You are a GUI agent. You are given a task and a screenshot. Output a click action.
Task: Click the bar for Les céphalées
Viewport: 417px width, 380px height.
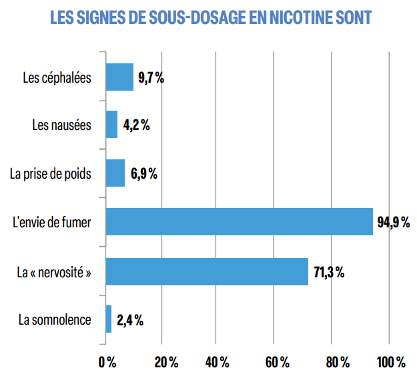pos(119,77)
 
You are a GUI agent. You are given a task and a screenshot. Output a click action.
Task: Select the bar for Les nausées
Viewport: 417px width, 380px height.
pos(111,125)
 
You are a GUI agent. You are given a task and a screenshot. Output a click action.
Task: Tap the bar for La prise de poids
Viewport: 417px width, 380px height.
pos(115,173)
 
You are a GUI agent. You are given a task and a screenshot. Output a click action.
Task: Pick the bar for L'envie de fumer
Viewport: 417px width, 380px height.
pos(239,222)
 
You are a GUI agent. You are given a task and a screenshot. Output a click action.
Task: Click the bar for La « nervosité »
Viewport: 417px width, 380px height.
pos(207,271)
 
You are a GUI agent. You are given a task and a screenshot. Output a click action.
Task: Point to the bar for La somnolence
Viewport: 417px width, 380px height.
pos(109,319)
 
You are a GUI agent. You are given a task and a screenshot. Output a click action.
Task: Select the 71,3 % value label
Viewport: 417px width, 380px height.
pos(329,271)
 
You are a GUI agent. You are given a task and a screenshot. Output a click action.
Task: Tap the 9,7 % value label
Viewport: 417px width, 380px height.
pos(151,77)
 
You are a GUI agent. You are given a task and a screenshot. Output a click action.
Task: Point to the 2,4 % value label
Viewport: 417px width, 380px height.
pos(130,320)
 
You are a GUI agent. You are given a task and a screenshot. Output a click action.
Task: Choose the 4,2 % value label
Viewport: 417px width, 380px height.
pos(136,125)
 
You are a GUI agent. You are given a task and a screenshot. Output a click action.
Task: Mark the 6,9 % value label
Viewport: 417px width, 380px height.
pos(143,174)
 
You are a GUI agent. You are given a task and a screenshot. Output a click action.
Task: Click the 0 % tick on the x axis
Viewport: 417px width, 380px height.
pos(107,363)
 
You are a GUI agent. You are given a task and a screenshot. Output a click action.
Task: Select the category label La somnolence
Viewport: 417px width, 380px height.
pos(55,319)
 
